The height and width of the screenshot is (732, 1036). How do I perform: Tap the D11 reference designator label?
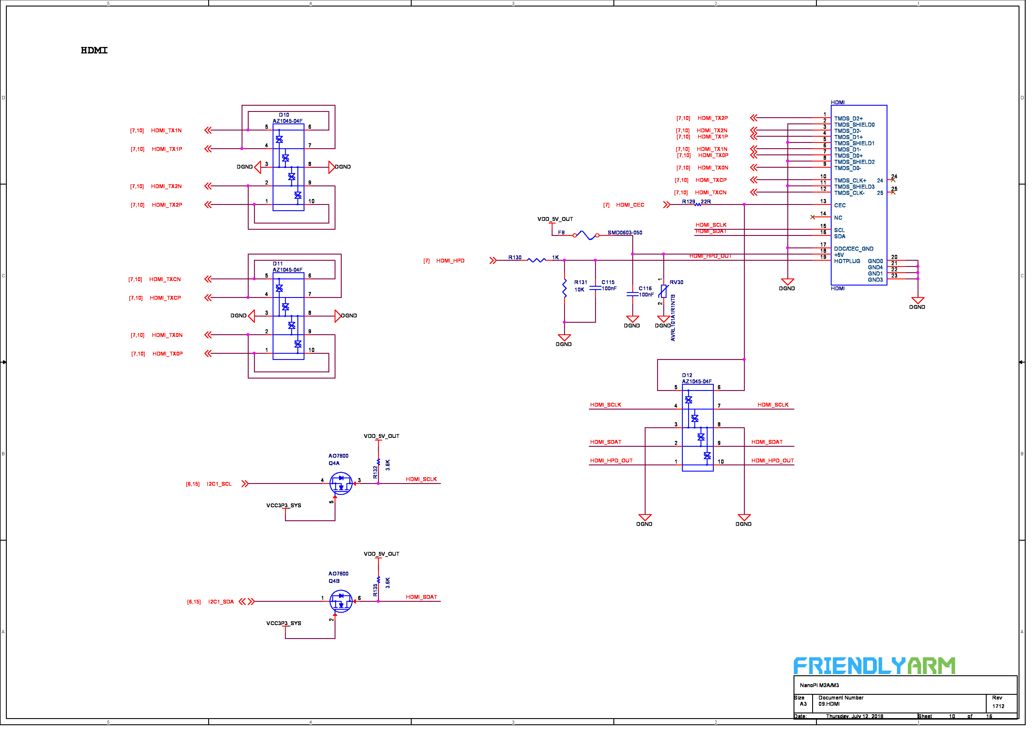(280, 266)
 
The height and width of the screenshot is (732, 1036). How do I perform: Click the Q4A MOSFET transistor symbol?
(344, 488)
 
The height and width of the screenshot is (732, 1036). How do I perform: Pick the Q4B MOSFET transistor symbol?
(344, 607)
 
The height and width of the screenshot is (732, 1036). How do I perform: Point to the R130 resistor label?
(520, 260)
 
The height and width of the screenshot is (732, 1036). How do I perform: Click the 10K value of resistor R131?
(585, 292)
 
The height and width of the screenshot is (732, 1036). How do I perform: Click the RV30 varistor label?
(683, 285)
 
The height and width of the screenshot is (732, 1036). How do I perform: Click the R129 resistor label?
(695, 203)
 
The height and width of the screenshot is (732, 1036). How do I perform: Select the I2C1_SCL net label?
(221, 488)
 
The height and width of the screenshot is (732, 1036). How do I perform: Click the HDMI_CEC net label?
(636, 207)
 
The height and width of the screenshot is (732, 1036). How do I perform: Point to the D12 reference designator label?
(693, 379)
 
